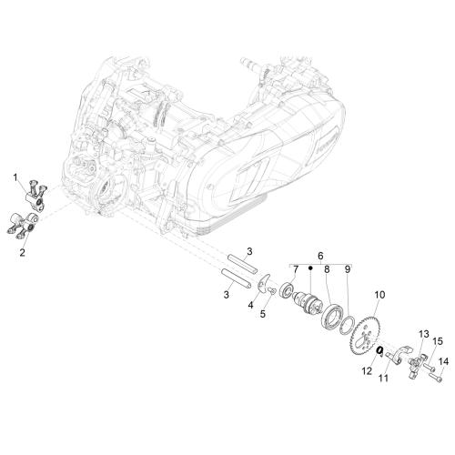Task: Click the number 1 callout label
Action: click(x=15, y=177)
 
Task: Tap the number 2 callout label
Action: click(x=22, y=252)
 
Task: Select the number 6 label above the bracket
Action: click(x=320, y=256)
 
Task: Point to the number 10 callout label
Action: click(x=379, y=295)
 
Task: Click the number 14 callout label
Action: click(x=443, y=361)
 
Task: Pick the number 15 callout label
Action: click(x=438, y=341)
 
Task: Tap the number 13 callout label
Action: click(x=424, y=334)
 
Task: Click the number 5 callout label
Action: click(x=263, y=314)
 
